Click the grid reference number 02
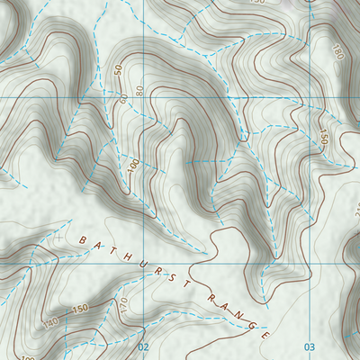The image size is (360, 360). pos(142,346)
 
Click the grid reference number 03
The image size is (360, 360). pos(310,346)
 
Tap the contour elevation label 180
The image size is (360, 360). pos(337,52)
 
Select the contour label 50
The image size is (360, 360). pos(118,69)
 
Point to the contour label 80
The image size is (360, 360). pos(139,90)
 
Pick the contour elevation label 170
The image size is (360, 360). pos(123,306)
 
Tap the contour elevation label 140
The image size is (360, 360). pos(50,321)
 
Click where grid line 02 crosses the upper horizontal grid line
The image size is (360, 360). pos(142,97)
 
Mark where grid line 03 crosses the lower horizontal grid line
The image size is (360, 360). pos(307,265)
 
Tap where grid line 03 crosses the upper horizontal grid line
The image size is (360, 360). pos(307,97)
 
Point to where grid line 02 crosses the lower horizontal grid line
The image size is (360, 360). pos(142,265)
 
